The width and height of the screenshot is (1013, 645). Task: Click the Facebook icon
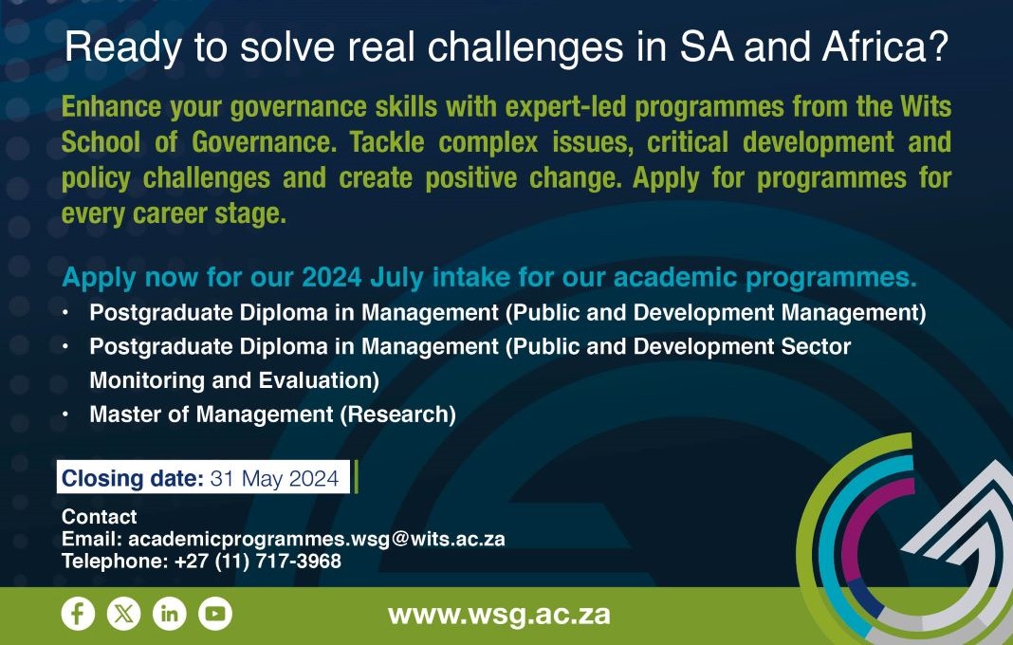(78, 614)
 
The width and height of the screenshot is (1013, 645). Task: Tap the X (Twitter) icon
(123, 614)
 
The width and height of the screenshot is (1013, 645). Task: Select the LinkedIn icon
(169, 614)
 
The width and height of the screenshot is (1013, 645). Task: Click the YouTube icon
(215, 614)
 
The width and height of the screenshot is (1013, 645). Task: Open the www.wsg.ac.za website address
(500, 615)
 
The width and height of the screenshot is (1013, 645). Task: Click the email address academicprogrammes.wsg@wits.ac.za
(317, 539)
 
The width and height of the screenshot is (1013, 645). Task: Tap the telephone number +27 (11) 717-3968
(258, 561)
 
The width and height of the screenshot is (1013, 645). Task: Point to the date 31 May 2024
(274, 478)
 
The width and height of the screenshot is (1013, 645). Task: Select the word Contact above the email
(99, 516)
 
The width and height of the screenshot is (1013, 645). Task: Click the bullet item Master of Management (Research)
(272, 415)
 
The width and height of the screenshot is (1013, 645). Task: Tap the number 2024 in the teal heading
(331, 277)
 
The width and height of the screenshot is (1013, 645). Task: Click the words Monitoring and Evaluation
(234, 380)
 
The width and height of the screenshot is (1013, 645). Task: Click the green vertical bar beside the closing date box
(356, 477)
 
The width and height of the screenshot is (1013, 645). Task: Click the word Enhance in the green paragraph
(111, 106)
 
